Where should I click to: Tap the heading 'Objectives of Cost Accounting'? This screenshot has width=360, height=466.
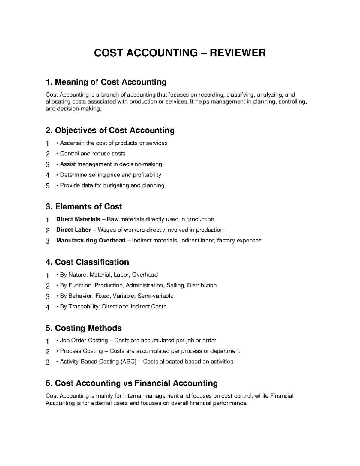pyautogui.click(x=110, y=131)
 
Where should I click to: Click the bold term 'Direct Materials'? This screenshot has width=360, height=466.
pyautogui.click(x=78, y=219)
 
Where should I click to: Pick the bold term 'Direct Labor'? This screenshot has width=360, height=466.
pyautogui.click(x=74, y=230)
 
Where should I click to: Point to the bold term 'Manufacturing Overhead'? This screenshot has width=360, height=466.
pyautogui.click(x=91, y=240)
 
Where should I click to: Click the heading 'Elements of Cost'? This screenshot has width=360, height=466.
pyautogui.click(x=84, y=207)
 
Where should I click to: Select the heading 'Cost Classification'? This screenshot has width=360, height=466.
pyautogui.click(x=87, y=262)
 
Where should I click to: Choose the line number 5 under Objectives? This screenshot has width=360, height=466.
pyautogui.click(x=47, y=186)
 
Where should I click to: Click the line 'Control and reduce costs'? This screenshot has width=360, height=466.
pyautogui.click(x=92, y=154)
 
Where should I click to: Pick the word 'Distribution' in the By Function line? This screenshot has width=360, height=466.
pyautogui.click(x=202, y=285)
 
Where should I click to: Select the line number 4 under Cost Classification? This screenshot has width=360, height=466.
pyautogui.click(x=47, y=307)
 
